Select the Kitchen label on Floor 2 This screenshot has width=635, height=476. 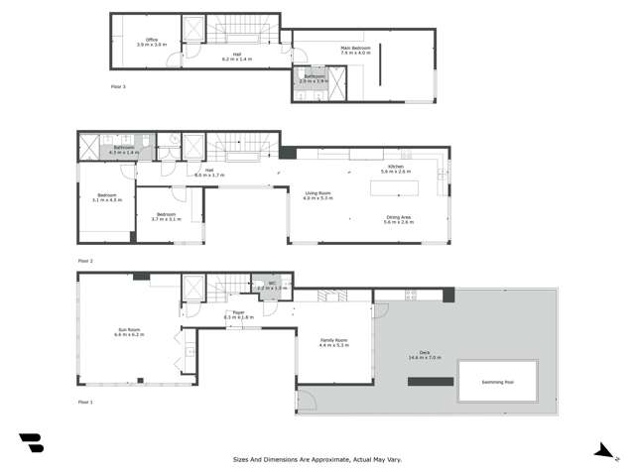393,167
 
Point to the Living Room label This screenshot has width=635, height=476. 317,193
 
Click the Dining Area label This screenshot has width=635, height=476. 400,217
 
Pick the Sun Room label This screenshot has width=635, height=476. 129,331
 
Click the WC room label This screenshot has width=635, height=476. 272,283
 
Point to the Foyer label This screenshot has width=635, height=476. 239,312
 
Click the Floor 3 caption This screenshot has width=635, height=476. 118,87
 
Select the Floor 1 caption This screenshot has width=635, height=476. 85,402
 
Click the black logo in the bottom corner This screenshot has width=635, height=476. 31,443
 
